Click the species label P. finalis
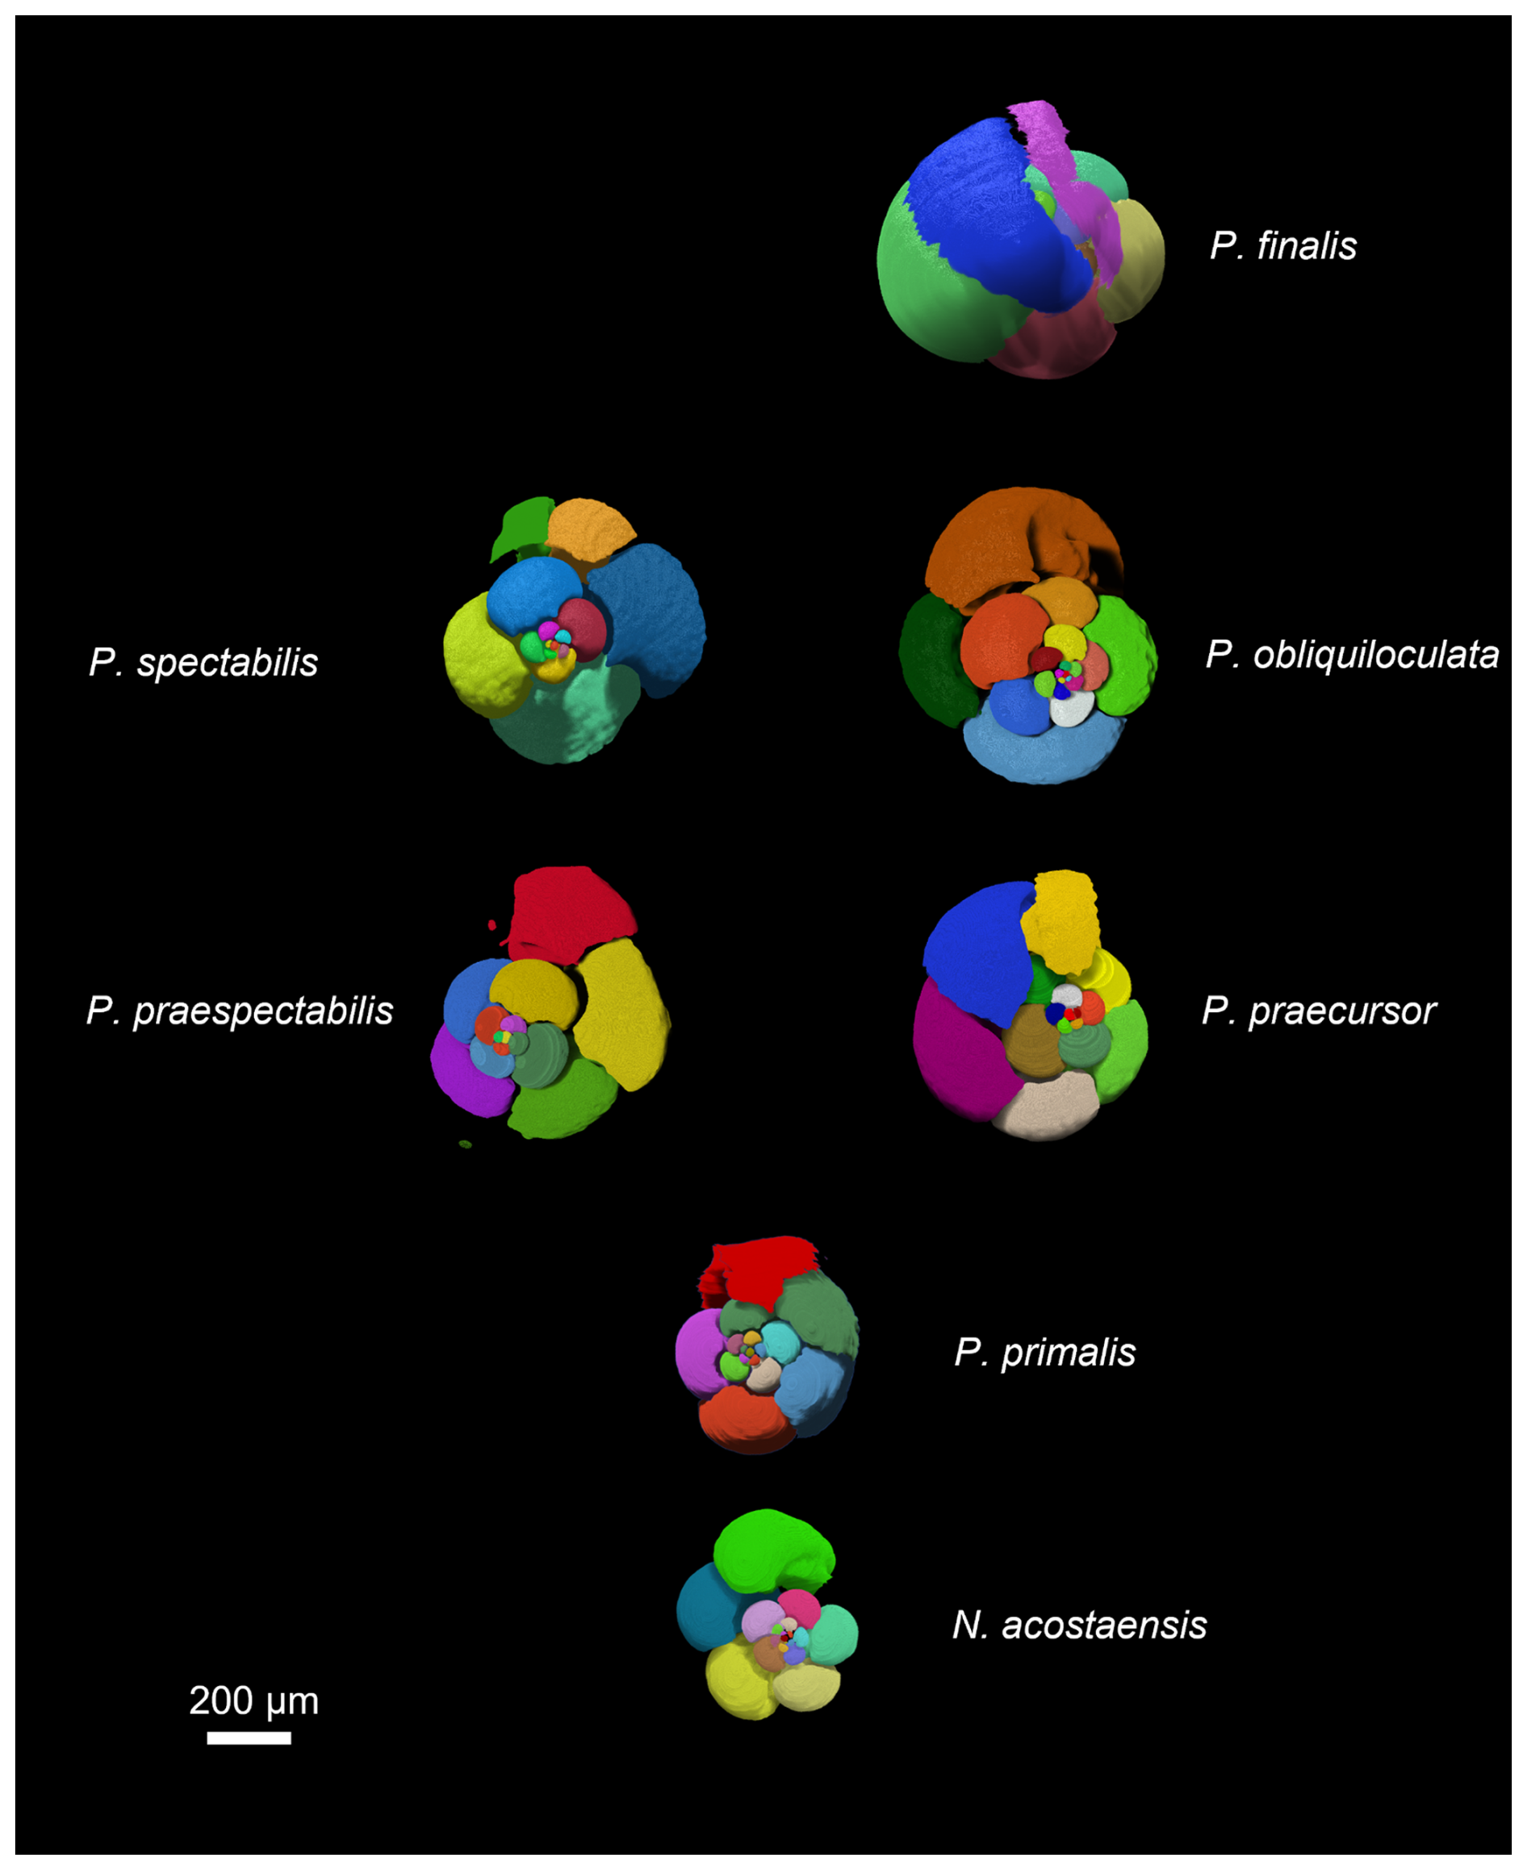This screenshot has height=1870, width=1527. [x=1282, y=246]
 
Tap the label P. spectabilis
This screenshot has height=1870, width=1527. [x=203, y=663]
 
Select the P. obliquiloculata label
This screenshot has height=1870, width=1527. [x=1351, y=655]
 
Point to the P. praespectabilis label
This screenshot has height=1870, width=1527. [x=239, y=1011]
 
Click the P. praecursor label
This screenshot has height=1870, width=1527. [x=1318, y=1011]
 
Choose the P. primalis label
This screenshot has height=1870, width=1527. [x=1044, y=1353]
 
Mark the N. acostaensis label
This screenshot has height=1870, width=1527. [x=1079, y=1625]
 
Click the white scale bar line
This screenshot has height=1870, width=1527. [x=249, y=1738]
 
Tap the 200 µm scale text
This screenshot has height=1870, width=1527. [x=253, y=1701]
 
